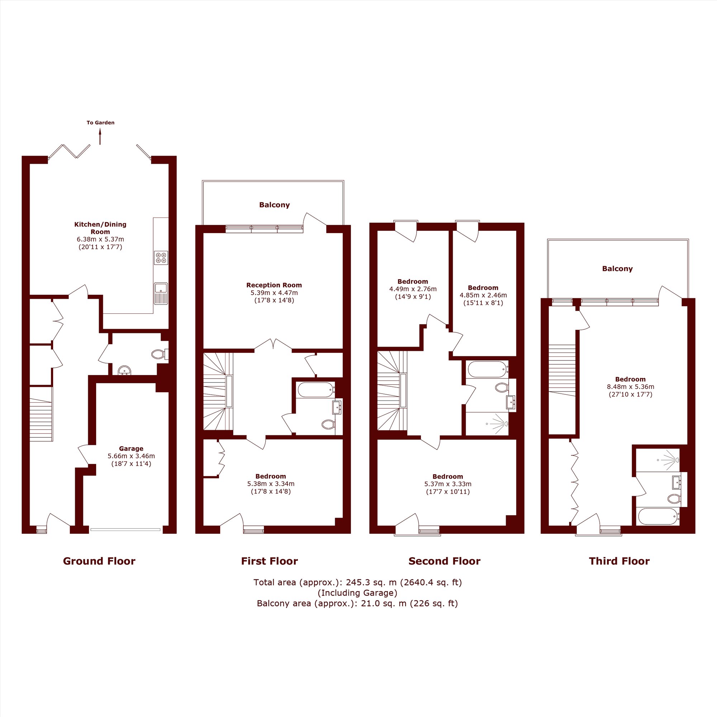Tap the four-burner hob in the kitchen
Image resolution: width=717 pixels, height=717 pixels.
tap(161, 258)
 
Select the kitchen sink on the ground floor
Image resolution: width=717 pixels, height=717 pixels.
tap(161, 294)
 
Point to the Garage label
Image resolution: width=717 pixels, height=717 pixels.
tap(131, 448)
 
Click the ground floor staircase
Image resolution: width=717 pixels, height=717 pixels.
tap(41, 414)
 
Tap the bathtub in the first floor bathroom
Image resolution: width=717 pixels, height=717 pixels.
tap(316, 390)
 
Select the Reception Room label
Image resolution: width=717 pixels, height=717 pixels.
tap(274, 285)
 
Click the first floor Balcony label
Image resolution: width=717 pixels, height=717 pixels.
tap(274, 205)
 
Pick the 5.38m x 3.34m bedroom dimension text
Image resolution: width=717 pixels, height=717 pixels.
tap(271, 484)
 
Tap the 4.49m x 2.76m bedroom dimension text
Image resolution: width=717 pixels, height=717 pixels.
tap(413, 289)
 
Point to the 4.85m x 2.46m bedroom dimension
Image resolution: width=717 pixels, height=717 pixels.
tap(483, 295)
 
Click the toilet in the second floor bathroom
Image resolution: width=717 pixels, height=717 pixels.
tap(502, 388)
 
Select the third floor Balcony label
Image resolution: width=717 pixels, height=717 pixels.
tap(617, 269)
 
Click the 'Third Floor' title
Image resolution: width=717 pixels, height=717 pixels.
tap(619, 561)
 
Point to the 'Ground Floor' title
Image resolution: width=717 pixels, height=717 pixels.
tap(99, 561)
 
